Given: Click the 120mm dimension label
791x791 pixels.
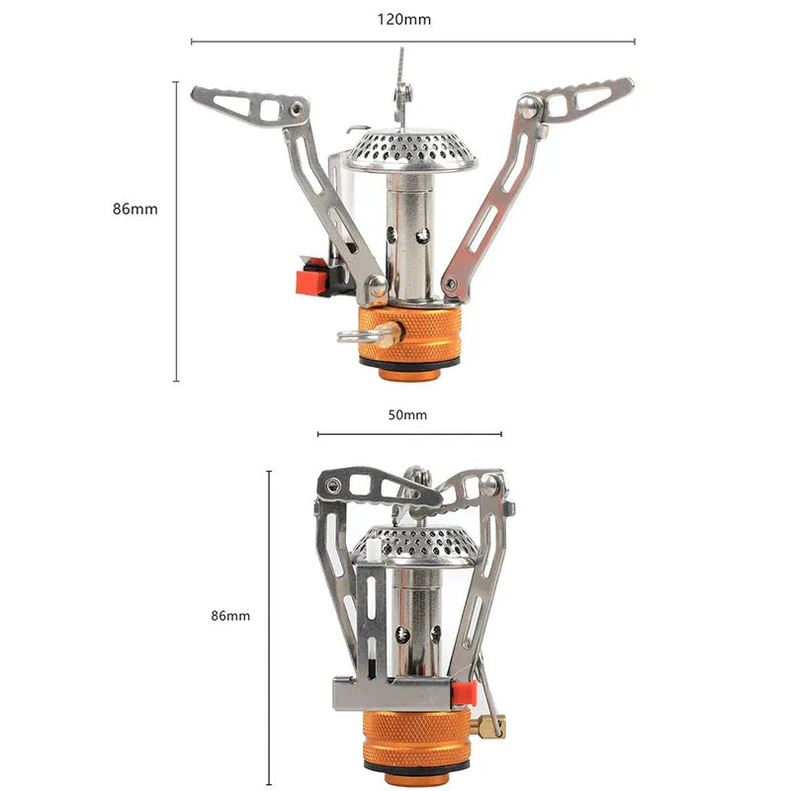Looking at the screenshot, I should [404, 19].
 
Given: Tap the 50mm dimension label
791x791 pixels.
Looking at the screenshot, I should [408, 414].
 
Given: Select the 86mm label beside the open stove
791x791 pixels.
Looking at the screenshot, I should [134, 209].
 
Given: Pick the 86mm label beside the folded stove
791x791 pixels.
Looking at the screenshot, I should [230, 615].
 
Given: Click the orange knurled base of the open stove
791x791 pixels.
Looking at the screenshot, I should [409, 335].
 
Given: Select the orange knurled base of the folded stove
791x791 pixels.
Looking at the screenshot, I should [415, 737].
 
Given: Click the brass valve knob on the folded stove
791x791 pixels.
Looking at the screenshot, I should [487, 728].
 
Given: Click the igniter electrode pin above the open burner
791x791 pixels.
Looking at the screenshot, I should [400, 74].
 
